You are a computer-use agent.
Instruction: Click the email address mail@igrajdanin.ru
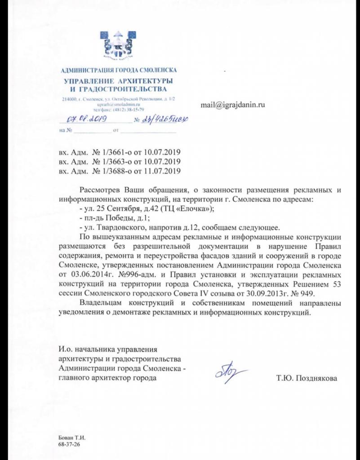[x=231, y=104]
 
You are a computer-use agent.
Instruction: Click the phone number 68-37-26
[x=68, y=444]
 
